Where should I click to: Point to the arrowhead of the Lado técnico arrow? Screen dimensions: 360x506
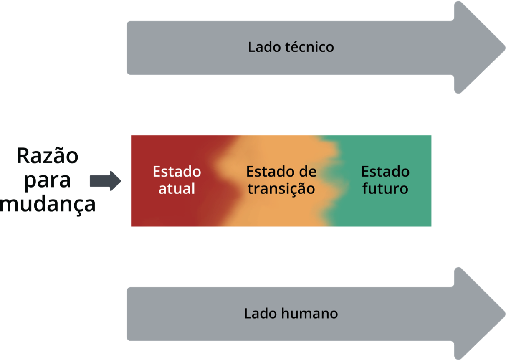click(x=480, y=47)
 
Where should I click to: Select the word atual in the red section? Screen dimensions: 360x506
click(x=177, y=189)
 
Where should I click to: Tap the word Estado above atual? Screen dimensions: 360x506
click(x=177, y=172)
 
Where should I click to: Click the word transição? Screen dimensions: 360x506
click(x=281, y=189)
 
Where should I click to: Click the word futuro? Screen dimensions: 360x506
click(x=385, y=189)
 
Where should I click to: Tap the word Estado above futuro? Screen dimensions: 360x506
click(x=385, y=172)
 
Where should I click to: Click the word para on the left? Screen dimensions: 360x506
click(x=48, y=181)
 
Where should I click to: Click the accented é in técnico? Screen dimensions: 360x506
click(x=296, y=47)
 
